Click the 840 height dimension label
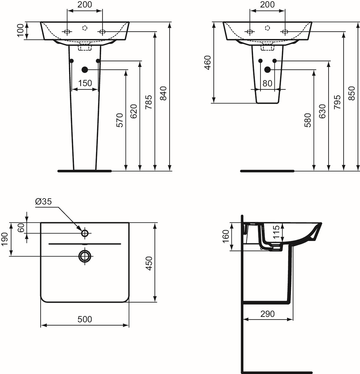click(x=163, y=94)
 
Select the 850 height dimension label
click(x=352, y=94)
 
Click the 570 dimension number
click(x=119, y=120)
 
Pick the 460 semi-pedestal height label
click(x=207, y=62)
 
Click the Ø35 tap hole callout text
click(x=43, y=202)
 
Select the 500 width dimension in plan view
click(x=85, y=319)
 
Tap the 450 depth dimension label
click(x=149, y=263)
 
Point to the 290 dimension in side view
click(x=267, y=314)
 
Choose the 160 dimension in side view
click(x=226, y=236)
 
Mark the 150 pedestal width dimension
click(x=85, y=83)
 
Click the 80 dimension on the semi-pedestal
click(x=267, y=83)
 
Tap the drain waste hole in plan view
click(x=85, y=256)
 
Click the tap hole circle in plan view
click(x=85, y=233)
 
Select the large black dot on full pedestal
click(x=85, y=70)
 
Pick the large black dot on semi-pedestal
click(x=267, y=70)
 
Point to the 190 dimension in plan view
click(x=5, y=239)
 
